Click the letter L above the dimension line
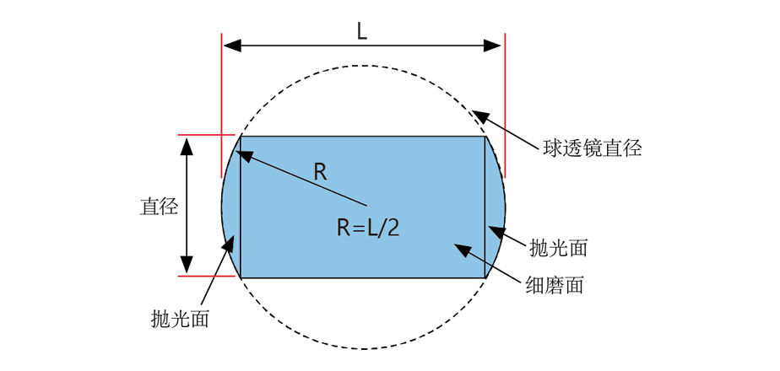pyautogui.click(x=361, y=32)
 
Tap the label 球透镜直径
pyautogui.click(x=592, y=149)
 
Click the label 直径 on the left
pyautogui.click(x=158, y=207)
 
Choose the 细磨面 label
pyautogui.click(x=553, y=285)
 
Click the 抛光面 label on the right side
pyautogui.click(x=558, y=248)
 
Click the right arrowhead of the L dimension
pyautogui.click(x=495, y=46)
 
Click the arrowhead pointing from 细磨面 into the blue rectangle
pyautogui.click(x=461, y=249)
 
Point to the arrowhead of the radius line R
pyautogui.click(x=243, y=155)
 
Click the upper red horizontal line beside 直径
pyautogui.click(x=206, y=135)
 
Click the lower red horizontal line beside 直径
pyautogui.click(x=206, y=276)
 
